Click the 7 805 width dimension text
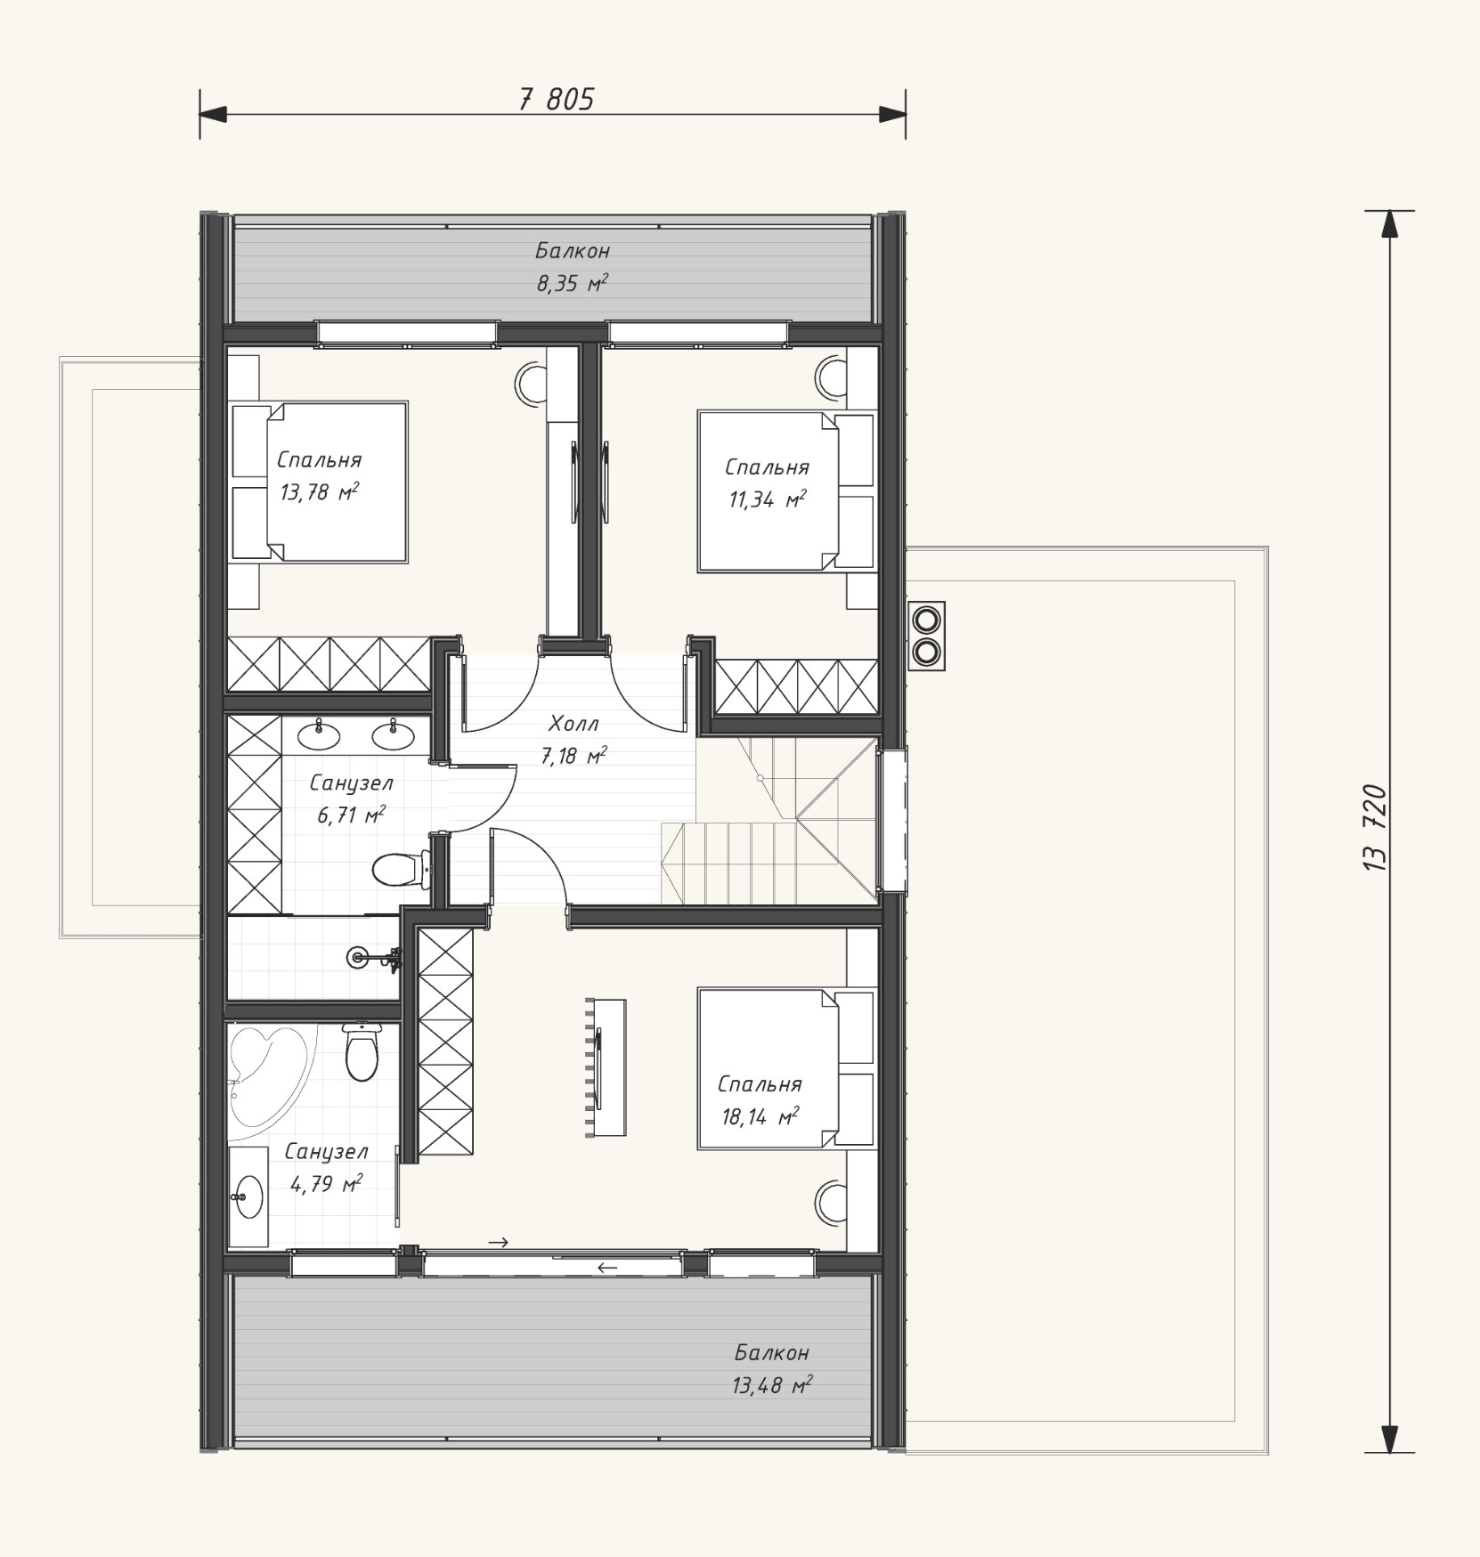[x=556, y=99]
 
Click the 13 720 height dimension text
[x=1375, y=827]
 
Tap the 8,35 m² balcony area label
[x=572, y=284]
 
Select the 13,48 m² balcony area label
[x=773, y=1385]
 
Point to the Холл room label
[x=574, y=723]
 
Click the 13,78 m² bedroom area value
[x=320, y=492]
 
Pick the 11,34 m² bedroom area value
[x=768, y=499]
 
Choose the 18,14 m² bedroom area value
[x=760, y=1116]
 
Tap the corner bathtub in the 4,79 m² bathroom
[x=267, y=1077]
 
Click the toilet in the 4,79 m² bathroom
[x=362, y=1051]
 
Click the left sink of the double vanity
[x=318, y=734]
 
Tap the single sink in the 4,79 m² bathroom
[x=248, y=1196]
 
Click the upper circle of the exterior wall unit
[x=926, y=618]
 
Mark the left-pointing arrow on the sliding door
[x=607, y=1268]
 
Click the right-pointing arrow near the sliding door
[x=499, y=1242]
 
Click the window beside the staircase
[x=891, y=820]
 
